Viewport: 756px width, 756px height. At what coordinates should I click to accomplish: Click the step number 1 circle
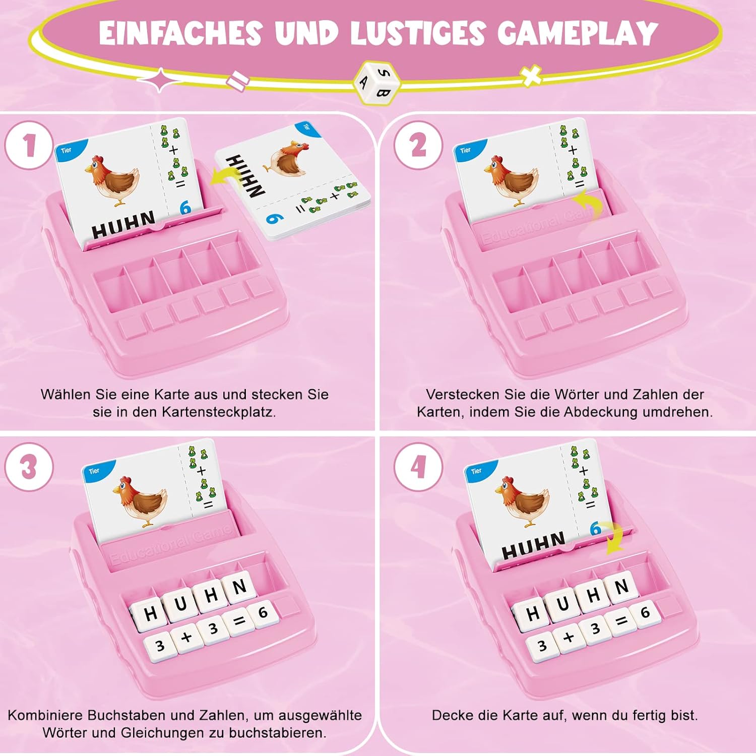29,145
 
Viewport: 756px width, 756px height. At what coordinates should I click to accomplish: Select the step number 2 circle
418,145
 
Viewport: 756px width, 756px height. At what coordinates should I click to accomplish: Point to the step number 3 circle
29,467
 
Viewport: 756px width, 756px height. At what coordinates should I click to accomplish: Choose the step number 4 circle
418,467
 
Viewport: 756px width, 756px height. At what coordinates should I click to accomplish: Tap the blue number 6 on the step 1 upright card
185,207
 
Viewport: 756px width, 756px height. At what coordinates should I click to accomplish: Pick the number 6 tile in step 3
263,612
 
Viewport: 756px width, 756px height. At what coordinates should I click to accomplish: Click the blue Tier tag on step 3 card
95,471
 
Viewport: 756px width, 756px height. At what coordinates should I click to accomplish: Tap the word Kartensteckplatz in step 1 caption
219,412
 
